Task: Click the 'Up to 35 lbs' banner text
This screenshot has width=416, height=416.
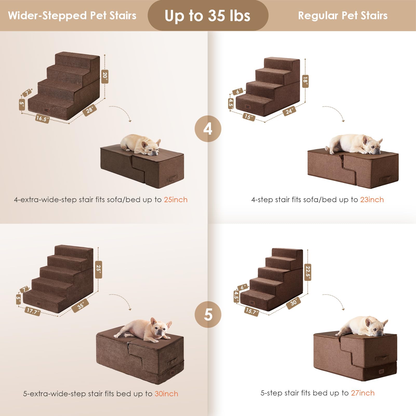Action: pyautogui.click(x=207, y=16)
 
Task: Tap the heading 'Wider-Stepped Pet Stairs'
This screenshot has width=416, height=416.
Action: pyautogui.click(x=72, y=15)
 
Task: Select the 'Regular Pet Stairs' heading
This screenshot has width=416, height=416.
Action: pyautogui.click(x=343, y=15)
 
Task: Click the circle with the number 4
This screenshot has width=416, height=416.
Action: pyautogui.click(x=208, y=129)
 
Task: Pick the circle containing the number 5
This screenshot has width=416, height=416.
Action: pyautogui.click(x=208, y=314)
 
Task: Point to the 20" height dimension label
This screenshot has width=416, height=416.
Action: pyautogui.click(x=105, y=76)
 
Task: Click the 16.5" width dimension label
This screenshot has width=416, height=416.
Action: pyautogui.click(x=42, y=118)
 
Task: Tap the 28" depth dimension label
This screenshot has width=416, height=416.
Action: pyautogui.click(x=90, y=110)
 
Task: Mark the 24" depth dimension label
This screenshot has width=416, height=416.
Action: pyautogui.click(x=289, y=111)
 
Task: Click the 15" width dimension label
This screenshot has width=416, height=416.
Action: pyautogui.click(x=249, y=117)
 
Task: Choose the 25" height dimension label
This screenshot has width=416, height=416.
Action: pyautogui.click(x=98, y=269)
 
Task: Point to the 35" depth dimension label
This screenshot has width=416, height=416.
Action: pyautogui.click(x=81, y=305)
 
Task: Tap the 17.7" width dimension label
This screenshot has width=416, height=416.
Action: pyautogui.click(x=33, y=311)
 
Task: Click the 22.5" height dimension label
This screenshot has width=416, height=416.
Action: pyautogui.click(x=308, y=272)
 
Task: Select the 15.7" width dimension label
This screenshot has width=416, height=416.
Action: pyautogui.click(x=252, y=311)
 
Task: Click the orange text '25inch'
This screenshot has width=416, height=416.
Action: pyautogui.click(x=176, y=200)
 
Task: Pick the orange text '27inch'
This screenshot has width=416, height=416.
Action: pyautogui.click(x=363, y=393)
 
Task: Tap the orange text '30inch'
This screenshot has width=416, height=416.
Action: pyautogui.click(x=167, y=394)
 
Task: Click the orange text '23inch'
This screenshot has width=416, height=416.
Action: pyautogui.click(x=372, y=200)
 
